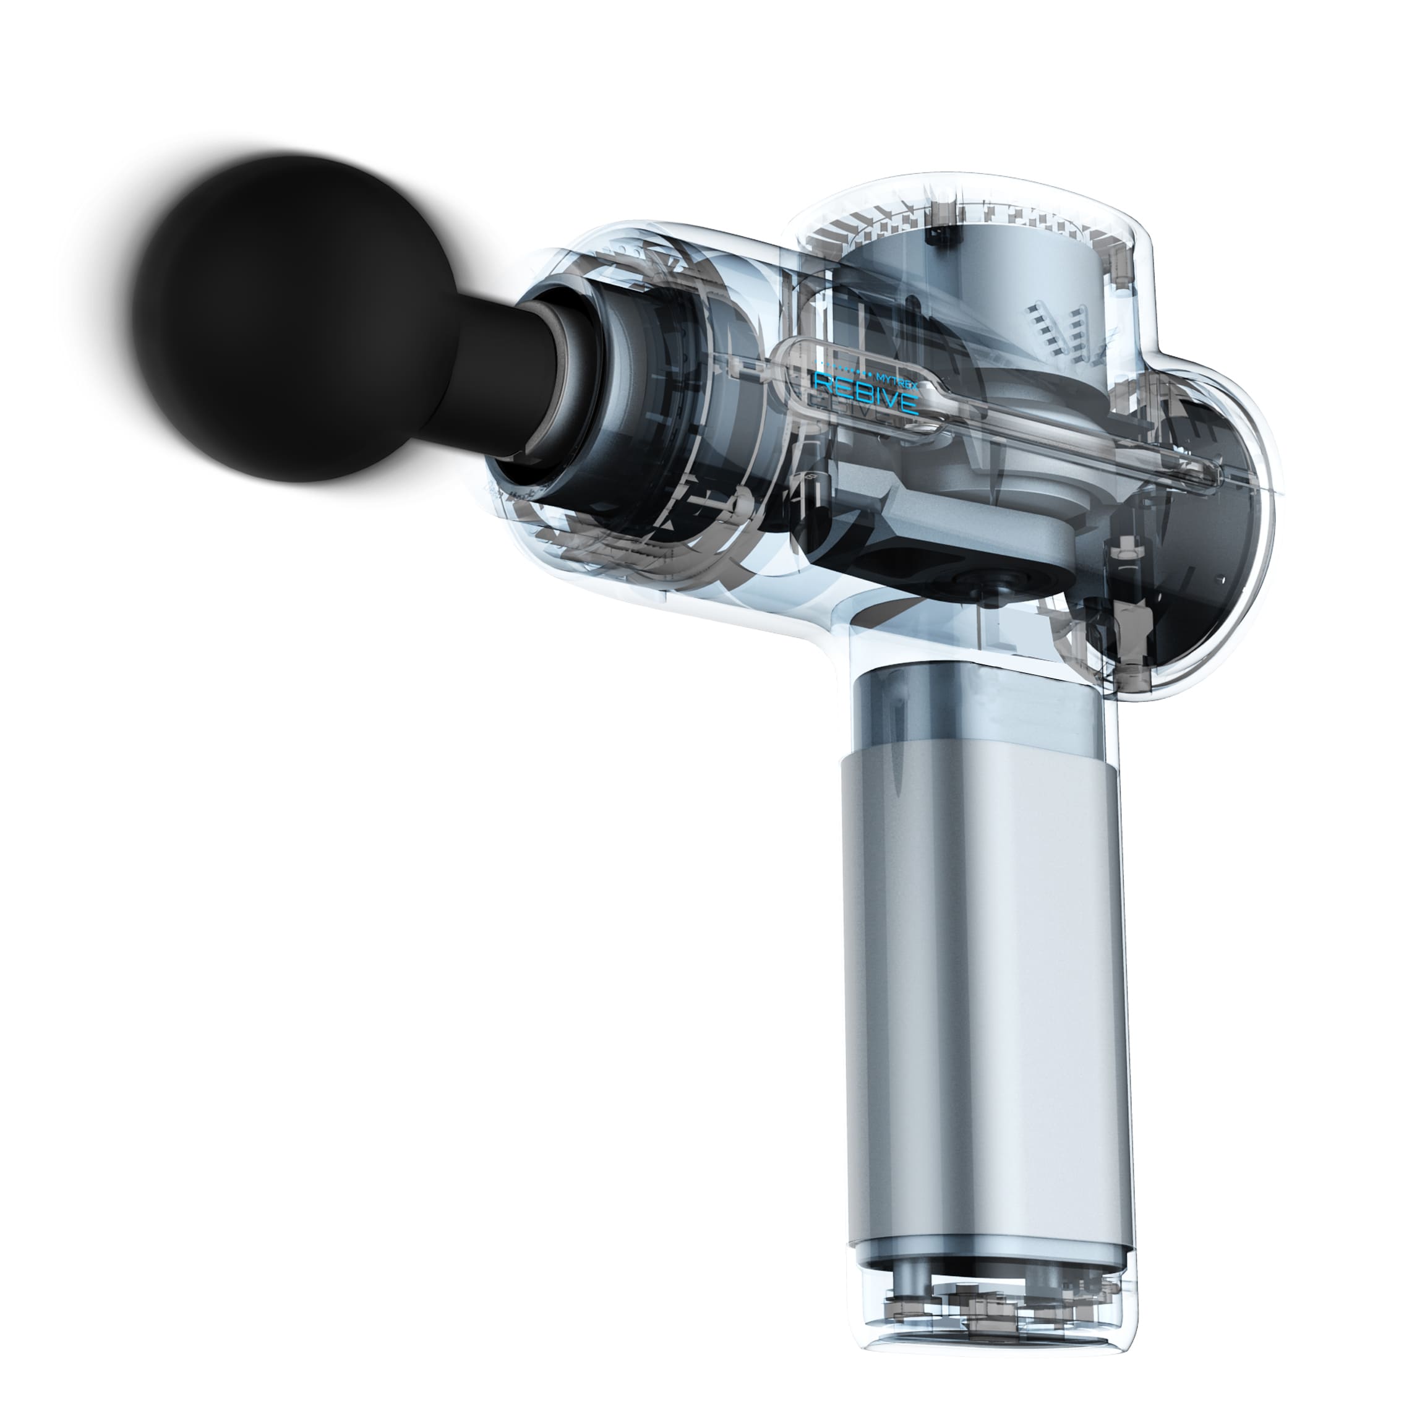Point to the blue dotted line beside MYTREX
844,364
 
